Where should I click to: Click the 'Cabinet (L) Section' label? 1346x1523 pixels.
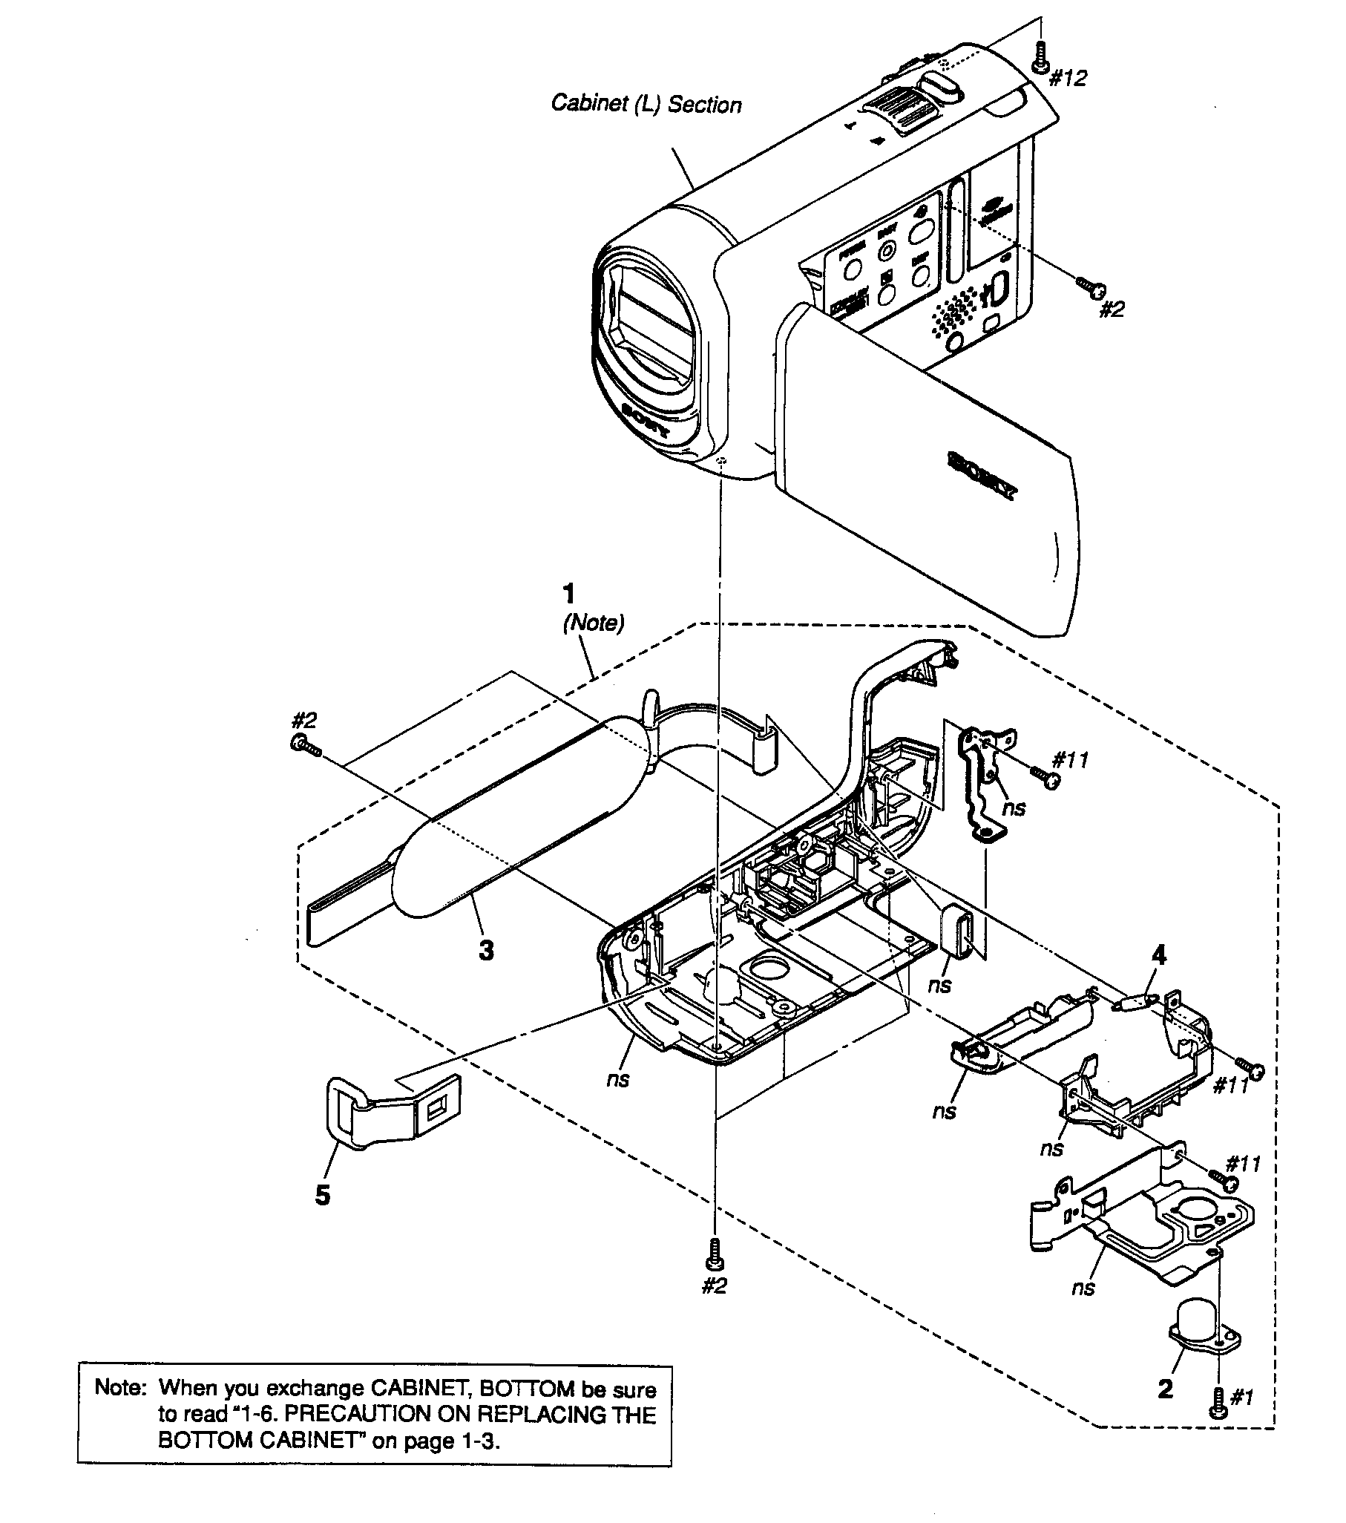point(646,105)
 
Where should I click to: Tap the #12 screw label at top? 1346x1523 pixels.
point(1068,78)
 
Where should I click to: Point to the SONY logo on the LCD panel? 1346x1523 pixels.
point(982,474)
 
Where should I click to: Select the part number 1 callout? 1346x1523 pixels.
point(569,594)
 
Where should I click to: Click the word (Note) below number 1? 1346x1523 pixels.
point(593,622)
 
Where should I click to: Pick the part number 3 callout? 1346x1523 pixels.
point(486,950)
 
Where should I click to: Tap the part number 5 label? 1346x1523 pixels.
point(323,1195)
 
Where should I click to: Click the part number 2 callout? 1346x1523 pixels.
point(1165,1388)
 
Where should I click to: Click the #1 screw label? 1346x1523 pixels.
point(1241,1397)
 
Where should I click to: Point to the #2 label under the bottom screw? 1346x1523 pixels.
point(715,1285)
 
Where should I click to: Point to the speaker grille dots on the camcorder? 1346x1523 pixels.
point(953,310)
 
